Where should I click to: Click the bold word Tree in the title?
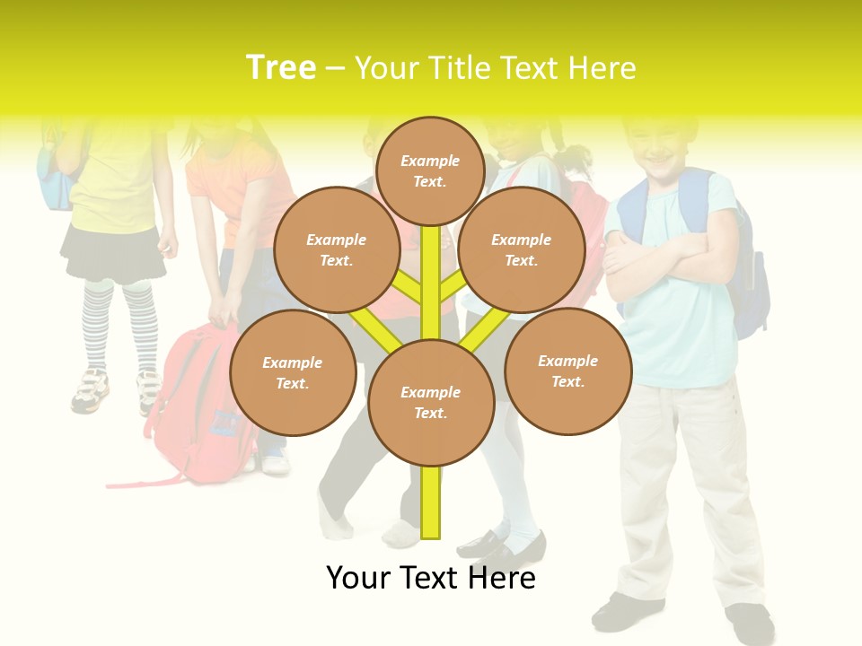pyautogui.click(x=281, y=68)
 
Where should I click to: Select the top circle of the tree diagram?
pyautogui.click(x=430, y=170)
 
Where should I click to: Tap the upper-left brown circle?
pyautogui.click(x=336, y=249)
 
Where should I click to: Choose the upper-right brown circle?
pyautogui.click(x=521, y=249)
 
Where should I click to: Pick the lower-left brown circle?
pyautogui.click(x=292, y=372)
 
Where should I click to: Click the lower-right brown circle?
pyautogui.click(x=567, y=371)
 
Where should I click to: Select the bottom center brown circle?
pyautogui.click(x=430, y=402)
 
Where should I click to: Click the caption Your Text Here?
pyautogui.click(x=431, y=578)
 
